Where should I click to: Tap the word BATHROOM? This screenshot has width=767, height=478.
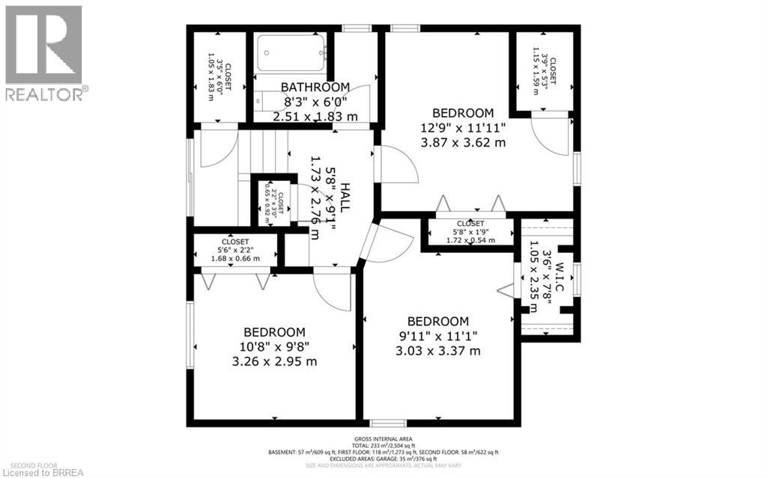[x=315, y=87]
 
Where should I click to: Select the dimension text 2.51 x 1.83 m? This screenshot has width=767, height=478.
[x=315, y=116]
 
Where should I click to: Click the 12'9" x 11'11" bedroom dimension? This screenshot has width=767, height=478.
[x=461, y=127]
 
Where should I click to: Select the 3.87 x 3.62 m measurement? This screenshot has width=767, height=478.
[x=461, y=142]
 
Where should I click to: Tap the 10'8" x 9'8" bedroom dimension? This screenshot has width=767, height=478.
[x=274, y=346]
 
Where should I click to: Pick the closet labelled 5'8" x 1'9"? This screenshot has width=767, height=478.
[x=470, y=232]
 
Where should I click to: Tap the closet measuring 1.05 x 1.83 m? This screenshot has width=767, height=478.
[x=219, y=76]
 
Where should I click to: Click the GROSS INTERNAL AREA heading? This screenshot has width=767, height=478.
[x=383, y=439]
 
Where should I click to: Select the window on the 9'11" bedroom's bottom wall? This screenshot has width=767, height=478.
[x=389, y=423]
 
